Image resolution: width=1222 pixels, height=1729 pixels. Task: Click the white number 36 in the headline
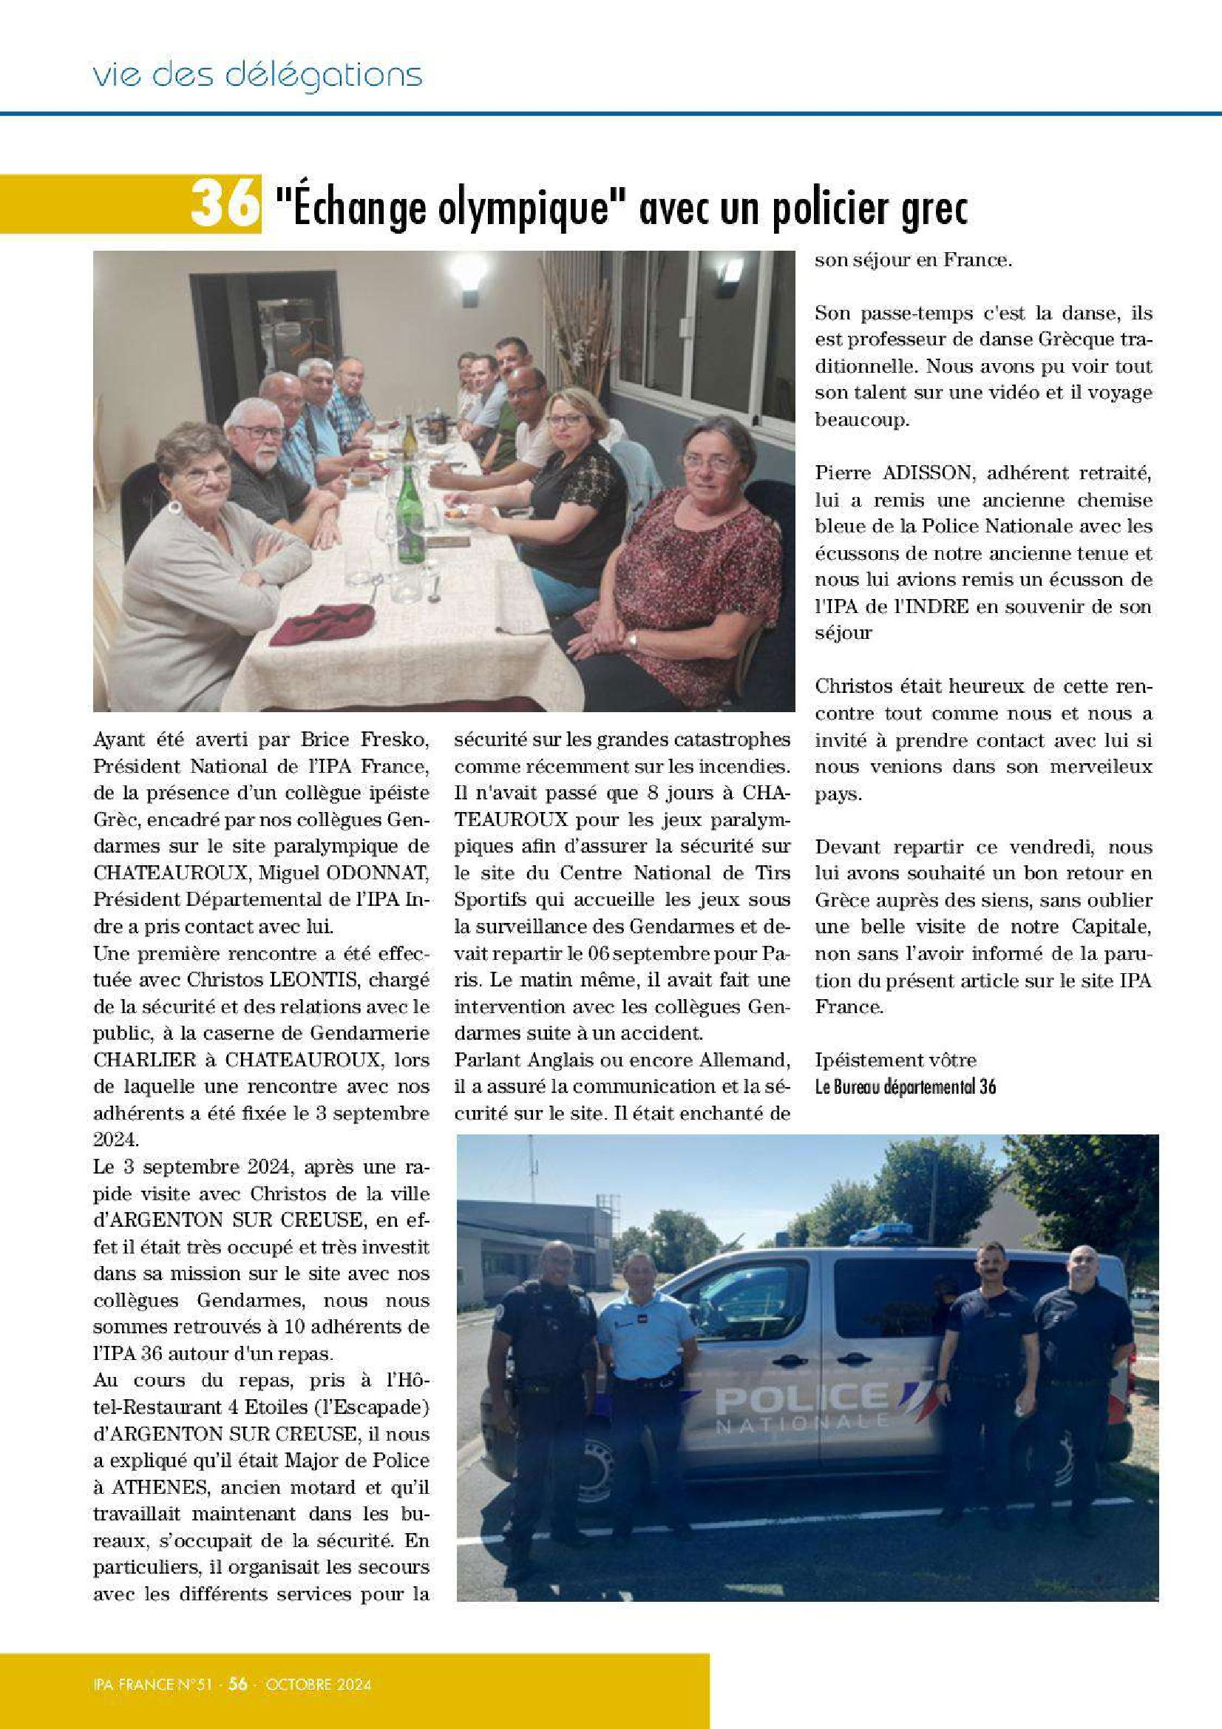[223, 203]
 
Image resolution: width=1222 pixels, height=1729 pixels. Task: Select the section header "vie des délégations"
[257, 75]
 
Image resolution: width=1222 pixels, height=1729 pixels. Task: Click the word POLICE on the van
[801, 1400]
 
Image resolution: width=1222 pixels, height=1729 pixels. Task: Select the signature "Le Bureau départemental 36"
[905, 1086]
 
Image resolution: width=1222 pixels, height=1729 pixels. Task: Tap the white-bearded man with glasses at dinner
[259, 459]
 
